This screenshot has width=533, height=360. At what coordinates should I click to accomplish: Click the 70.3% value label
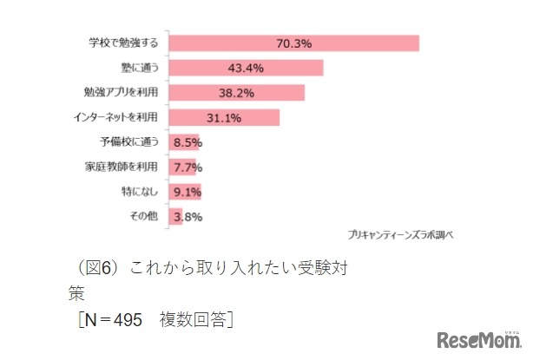(293, 43)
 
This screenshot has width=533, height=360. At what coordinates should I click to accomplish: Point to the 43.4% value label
(245, 68)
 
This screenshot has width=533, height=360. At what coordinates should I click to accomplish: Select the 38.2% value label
(234, 93)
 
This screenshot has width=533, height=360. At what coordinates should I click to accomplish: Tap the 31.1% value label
(223, 118)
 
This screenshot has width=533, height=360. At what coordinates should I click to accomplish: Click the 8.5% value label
(188, 142)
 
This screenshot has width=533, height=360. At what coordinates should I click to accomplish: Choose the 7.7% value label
(188, 167)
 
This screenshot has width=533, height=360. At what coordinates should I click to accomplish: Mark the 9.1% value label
(188, 192)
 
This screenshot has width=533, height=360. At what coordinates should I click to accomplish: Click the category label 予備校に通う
(131, 142)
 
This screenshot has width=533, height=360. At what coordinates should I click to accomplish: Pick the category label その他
(145, 217)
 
